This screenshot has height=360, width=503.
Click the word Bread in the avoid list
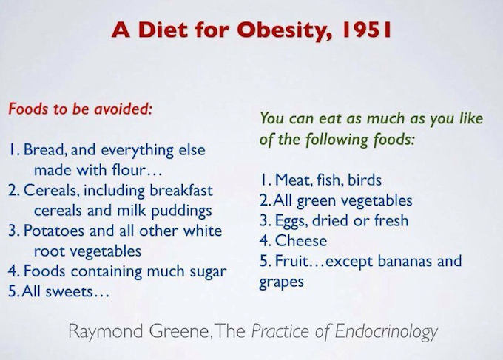click(45, 149)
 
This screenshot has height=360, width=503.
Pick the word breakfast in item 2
click(181, 190)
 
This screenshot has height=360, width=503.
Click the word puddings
click(181, 211)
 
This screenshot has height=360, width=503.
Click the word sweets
click(69, 292)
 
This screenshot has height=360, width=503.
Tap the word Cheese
click(301, 241)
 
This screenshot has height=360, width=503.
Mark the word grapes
click(281, 282)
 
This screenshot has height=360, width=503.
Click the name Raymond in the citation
click(106, 332)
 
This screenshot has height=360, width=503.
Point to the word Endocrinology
click(386, 332)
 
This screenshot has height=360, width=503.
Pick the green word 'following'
click(337, 140)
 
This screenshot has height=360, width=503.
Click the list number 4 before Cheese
click(264, 241)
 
